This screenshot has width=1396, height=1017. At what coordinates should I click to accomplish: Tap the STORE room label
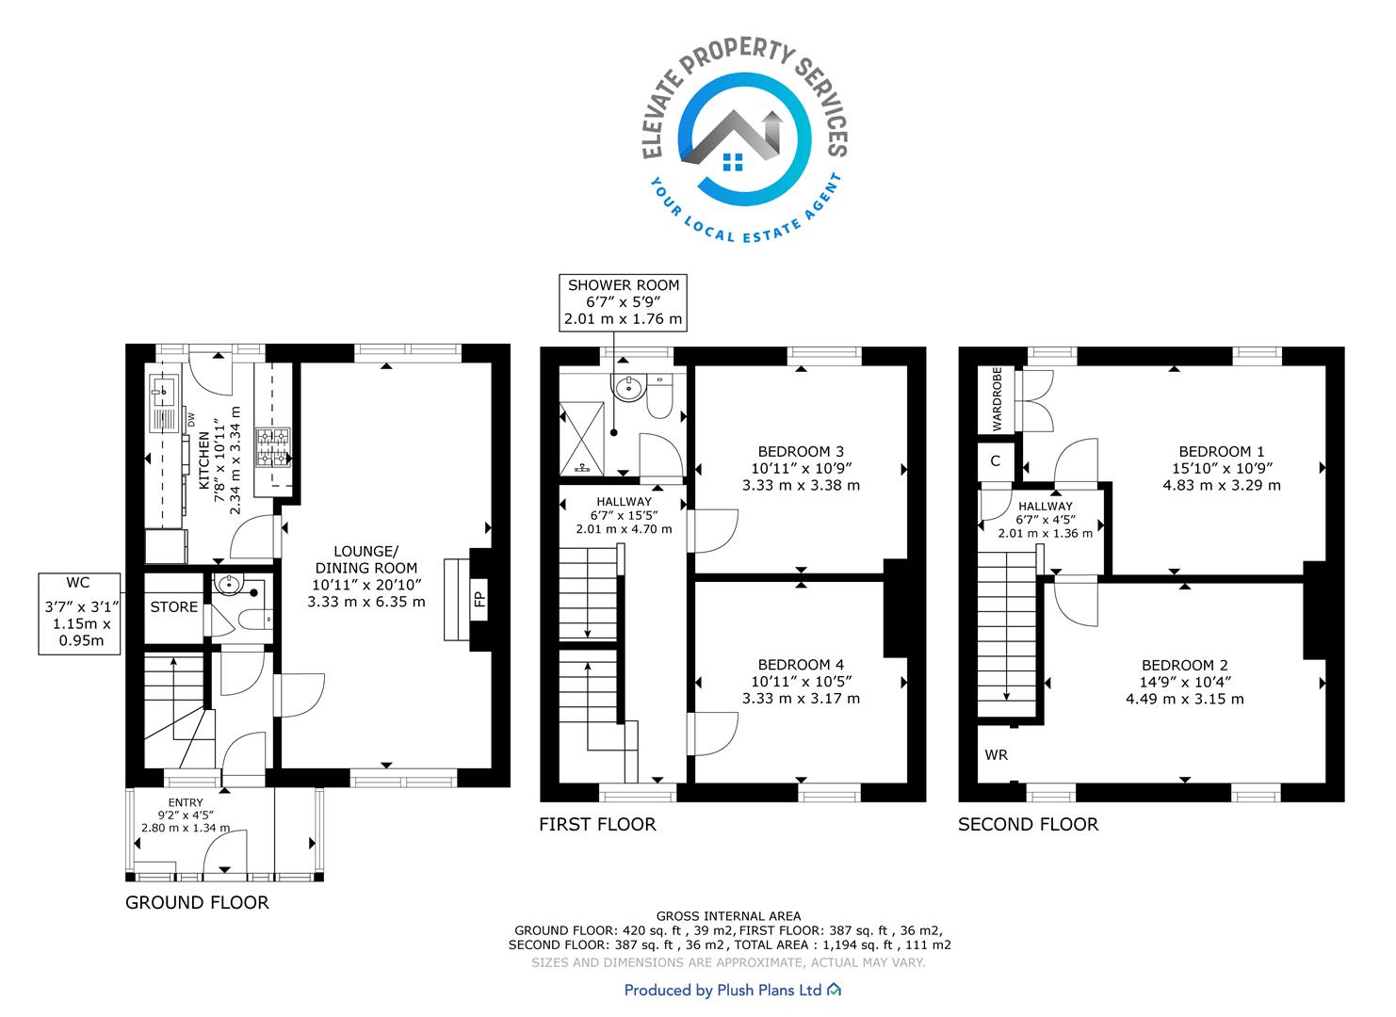pyautogui.click(x=174, y=607)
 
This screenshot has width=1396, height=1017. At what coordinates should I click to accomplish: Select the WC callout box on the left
pyautogui.click(x=79, y=614)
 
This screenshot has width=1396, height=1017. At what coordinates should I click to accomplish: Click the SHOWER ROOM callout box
pyautogui.click(x=624, y=302)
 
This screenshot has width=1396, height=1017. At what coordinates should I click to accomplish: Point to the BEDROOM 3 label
pyautogui.click(x=801, y=451)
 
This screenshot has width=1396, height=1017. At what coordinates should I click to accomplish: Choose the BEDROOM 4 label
pyautogui.click(x=801, y=665)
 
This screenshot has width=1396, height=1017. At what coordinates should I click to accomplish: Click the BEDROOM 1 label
pyautogui.click(x=1222, y=451)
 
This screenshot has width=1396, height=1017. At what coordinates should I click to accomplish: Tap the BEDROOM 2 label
pyautogui.click(x=1185, y=665)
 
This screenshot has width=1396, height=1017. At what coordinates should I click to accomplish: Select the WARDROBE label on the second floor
pyautogui.click(x=998, y=399)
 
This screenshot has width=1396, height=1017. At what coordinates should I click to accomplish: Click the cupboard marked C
pyautogui.click(x=996, y=461)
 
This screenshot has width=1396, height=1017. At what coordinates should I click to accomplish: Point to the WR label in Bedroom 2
pyautogui.click(x=996, y=755)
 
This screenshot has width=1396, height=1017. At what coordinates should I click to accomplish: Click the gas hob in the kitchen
pyautogui.click(x=273, y=446)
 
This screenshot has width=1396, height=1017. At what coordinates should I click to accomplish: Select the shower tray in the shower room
pyautogui.click(x=582, y=438)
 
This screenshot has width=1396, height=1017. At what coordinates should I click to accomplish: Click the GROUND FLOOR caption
pyautogui.click(x=197, y=902)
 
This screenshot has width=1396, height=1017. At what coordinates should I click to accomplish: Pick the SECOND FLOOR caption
pyautogui.click(x=1029, y=825)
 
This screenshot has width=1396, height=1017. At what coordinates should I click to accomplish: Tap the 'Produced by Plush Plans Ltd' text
pyautogui.click(x=722, y=991)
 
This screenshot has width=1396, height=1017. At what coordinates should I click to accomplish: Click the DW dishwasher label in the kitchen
pyautogui.click(x=191, y=420)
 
